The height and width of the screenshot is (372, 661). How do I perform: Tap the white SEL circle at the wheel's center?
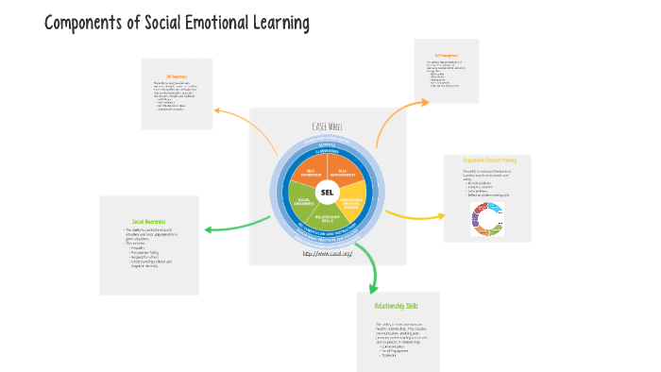point(328,193)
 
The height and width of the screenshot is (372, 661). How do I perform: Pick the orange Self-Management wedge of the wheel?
point(347,172)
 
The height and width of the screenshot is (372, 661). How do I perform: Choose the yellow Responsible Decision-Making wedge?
point(352,201)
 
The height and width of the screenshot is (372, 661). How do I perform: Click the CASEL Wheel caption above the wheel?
point(327,127)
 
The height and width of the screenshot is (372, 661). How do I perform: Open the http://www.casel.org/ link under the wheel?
point(327,253)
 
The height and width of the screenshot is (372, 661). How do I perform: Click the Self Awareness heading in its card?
point(177,76)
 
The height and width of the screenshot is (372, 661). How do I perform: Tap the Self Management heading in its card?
point(446,54)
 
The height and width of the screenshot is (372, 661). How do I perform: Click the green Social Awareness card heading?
point(149,221)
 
